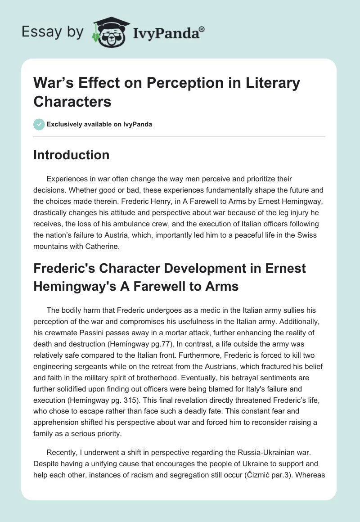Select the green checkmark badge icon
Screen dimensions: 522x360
(39, 124)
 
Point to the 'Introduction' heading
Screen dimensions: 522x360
(72, 155)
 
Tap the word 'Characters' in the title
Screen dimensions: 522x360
(72, 101)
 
